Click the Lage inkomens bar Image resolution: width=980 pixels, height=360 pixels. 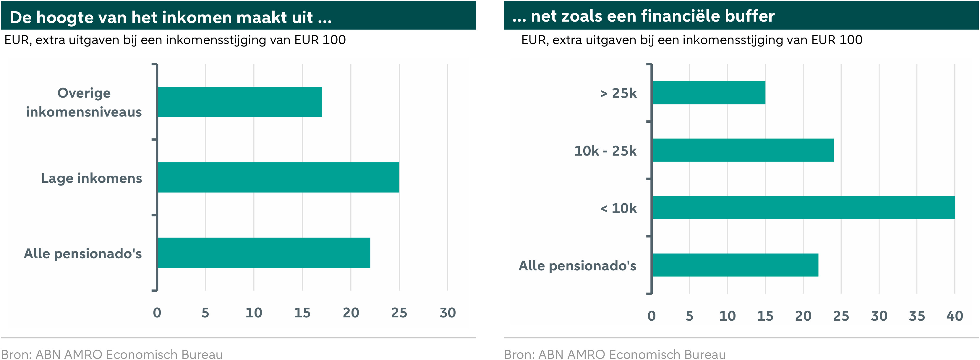coord(278,177)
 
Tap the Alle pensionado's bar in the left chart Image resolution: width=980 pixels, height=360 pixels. coord(264,253)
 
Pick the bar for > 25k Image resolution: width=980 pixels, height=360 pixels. coord(709,93)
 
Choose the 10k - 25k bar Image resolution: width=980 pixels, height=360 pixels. coord(743,150)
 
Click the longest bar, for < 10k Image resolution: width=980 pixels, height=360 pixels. coord(804,207)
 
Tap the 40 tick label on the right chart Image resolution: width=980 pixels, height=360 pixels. coord(955,316)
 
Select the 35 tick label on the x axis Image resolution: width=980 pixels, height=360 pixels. coord(917,316)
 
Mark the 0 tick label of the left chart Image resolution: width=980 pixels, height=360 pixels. coord(157,313)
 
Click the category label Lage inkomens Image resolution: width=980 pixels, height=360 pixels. coord(92,178)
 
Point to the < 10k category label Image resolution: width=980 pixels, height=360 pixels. coord(618,208)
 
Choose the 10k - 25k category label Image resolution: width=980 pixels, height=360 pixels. coord(605,151)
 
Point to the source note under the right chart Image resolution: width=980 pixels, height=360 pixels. coord(615,354)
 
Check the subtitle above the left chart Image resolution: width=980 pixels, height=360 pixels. coord(175,40)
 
